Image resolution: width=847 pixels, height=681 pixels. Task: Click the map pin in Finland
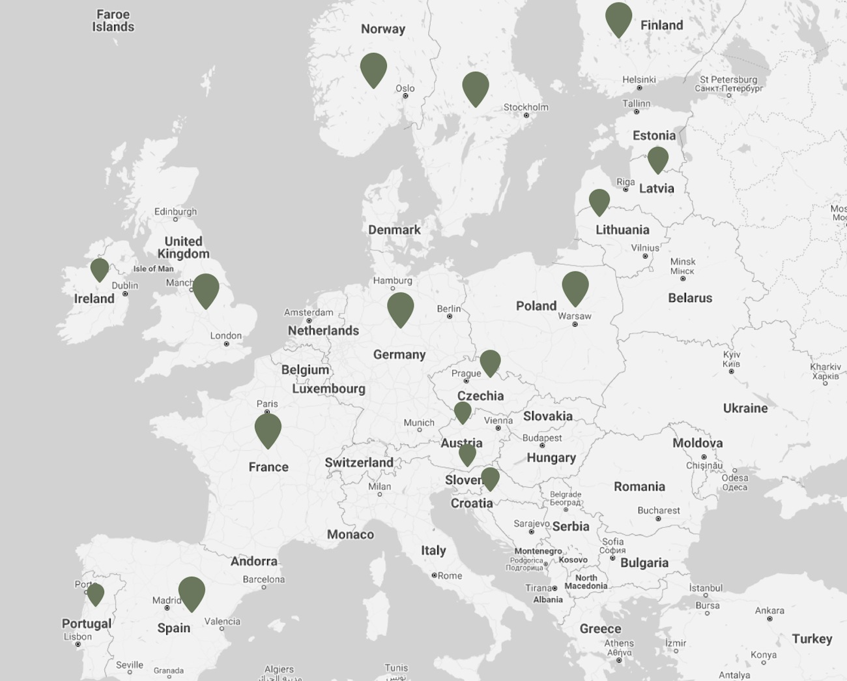618,18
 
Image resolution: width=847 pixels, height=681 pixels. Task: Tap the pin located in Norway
373,68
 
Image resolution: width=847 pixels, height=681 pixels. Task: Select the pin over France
268,429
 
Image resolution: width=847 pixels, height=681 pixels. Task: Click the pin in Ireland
100,269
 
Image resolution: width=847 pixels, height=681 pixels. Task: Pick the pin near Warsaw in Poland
575,286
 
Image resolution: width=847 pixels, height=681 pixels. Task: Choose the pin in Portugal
96,594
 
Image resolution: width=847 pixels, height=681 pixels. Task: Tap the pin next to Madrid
192,592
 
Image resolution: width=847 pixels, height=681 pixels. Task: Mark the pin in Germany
401,307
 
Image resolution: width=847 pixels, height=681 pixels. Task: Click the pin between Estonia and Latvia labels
658,159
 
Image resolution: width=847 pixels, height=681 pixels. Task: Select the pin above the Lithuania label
599,202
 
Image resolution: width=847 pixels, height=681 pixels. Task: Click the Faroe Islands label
113,20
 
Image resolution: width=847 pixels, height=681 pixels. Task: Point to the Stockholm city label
526,107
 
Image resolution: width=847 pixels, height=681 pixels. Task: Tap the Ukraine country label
745,408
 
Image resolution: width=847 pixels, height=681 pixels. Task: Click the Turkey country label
812,639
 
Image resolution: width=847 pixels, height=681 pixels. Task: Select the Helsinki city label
639,80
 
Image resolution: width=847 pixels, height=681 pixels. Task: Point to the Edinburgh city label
175,211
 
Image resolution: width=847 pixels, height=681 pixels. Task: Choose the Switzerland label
359,462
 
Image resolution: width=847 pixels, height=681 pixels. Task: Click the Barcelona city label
264,579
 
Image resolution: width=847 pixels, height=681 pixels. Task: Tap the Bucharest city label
659,510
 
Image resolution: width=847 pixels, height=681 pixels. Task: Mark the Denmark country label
394,230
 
